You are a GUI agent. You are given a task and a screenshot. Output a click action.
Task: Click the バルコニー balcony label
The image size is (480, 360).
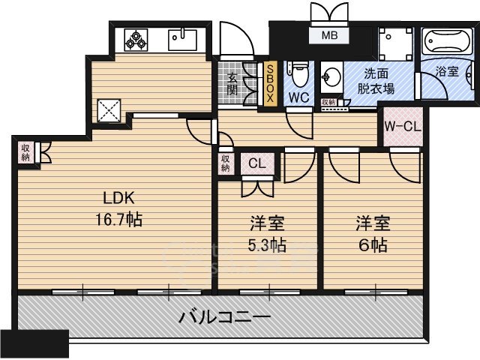[224, 316]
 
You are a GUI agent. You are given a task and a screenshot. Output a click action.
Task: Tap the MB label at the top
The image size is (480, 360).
[330, 34]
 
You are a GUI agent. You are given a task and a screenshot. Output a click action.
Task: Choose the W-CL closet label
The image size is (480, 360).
[402, 127]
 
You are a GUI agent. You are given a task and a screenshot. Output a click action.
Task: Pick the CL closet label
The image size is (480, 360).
[256, 163]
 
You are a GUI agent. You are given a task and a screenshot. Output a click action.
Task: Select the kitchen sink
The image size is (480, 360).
[182, 37]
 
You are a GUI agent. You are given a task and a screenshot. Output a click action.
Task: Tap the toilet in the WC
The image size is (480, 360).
[300, 73]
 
